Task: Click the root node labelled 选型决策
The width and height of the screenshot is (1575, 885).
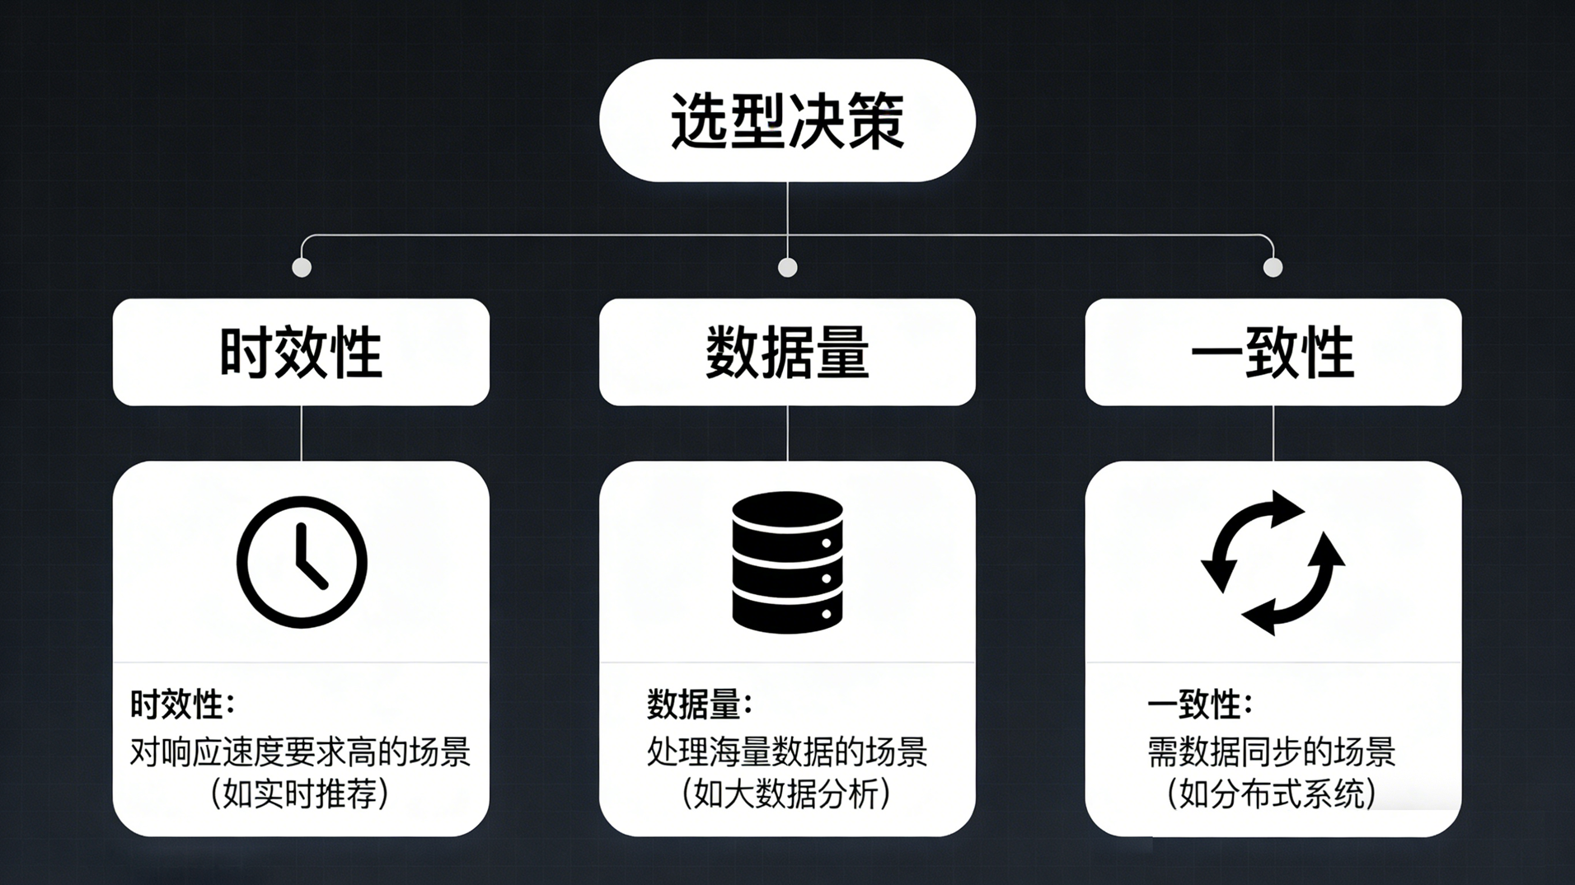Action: point(787,120)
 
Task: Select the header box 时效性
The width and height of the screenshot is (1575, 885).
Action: point(301,352)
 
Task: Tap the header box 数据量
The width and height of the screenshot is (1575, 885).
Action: point(787,352)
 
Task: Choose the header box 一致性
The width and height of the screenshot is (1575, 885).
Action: point(1273,352)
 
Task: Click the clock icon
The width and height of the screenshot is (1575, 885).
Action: point(302,562)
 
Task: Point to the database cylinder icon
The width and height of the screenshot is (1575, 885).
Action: point(787,562)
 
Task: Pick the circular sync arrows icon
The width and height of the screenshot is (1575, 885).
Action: point(1273,563)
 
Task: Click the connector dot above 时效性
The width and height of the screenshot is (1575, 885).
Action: point(302,267)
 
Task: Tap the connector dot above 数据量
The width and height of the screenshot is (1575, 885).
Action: point(787,267)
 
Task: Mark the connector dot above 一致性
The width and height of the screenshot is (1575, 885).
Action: point(1273,267)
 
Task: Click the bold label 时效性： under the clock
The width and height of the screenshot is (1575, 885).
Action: point(182,705)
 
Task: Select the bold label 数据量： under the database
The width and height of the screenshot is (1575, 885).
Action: point(699,705)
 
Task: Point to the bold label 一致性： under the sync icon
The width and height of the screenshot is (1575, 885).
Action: point(1199,705)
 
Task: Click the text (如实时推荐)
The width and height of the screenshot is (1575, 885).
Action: point(300,794)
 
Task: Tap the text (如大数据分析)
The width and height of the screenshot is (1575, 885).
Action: point(786,794)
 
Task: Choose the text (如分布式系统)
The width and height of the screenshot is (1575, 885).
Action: point(1272,794)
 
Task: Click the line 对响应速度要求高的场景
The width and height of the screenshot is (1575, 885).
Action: point(300,752)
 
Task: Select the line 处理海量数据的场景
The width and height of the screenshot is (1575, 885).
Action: point(786,752)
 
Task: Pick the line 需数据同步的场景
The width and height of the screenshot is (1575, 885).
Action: point(1271,752)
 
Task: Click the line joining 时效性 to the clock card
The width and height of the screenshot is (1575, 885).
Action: point(302,433)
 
